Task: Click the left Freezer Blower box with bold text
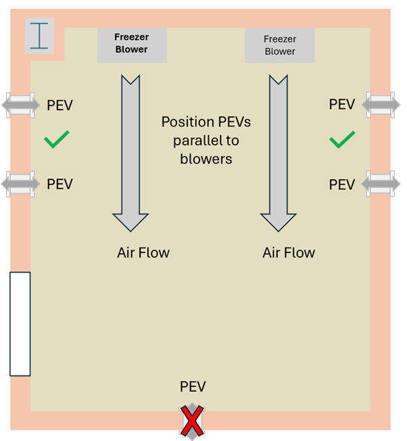point(131,43)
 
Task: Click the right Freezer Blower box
point(280,45)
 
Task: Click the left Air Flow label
point(143,253)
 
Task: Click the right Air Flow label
point(289,253)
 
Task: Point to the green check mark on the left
point(57,141)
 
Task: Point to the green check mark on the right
point(342,141)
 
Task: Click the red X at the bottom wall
point(193,420)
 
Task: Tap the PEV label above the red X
point(193,387)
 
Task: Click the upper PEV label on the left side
point(59,106)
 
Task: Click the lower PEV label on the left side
point(59,184)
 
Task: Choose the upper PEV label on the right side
point(341,105)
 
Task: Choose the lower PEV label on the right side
point(341,184)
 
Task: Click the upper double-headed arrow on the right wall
point(381,104)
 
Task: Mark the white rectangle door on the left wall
point(20,323)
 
